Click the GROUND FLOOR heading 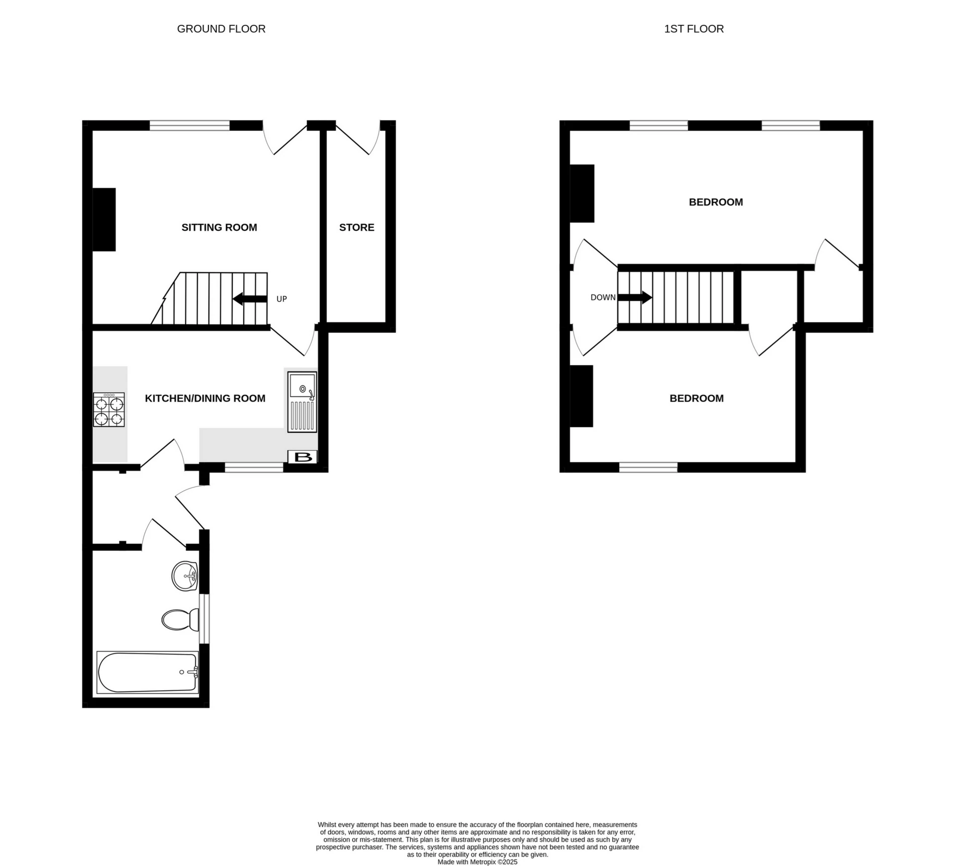221,29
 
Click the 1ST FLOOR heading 693,29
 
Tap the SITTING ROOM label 219,227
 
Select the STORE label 357,227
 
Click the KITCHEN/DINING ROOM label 205,398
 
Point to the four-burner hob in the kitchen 109,410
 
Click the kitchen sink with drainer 302,401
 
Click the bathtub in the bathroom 148,673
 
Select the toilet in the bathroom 179,620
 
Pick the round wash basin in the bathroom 185,576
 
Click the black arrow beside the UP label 250,299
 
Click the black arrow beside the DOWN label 635,297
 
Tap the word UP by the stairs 282,299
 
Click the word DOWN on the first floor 603,297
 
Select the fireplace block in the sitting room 104,219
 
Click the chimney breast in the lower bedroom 581,396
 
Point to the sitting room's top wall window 190,125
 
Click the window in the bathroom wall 204,618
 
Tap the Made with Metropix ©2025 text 477,862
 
